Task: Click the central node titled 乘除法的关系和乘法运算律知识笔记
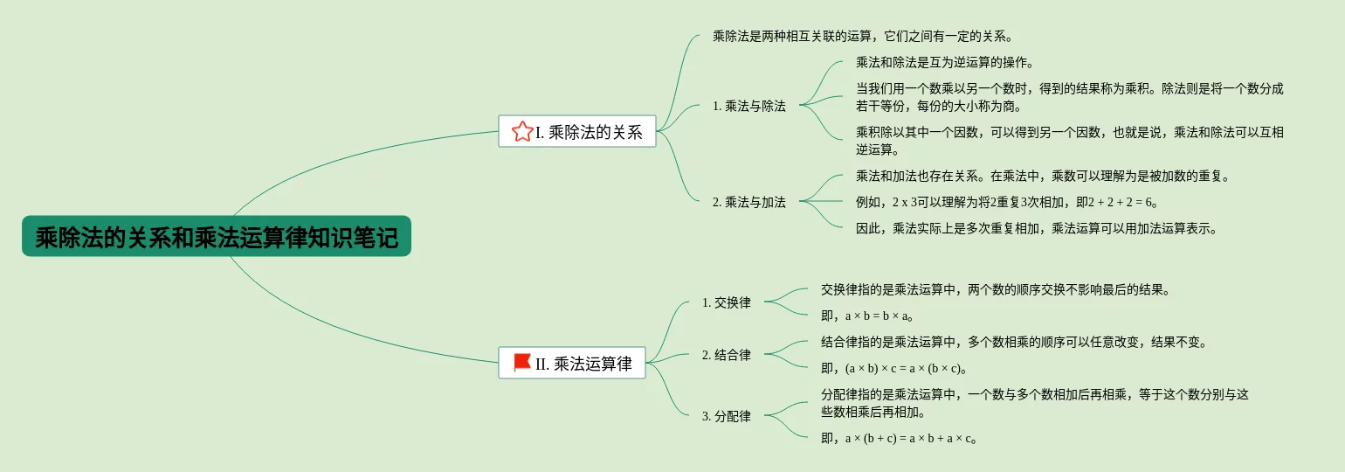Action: point(216,237)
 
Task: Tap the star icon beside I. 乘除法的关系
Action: point(521,132)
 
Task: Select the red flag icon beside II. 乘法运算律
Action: point(522,363)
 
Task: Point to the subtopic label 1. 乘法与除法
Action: point(748,106)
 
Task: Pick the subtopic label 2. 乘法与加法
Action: point(748,202)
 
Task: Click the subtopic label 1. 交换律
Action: point(726,302)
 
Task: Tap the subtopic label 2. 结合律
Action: point(726,355)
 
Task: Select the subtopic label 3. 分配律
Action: point(726,416)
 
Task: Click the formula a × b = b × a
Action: point(879,316)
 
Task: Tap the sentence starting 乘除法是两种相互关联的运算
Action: point(861,36)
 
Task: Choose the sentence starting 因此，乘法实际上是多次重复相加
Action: point(1036,229)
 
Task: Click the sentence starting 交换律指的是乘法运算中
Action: point(994,289)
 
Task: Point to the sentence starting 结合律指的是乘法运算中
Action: point(1013,342)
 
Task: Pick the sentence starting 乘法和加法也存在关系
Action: point(1043,176)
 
